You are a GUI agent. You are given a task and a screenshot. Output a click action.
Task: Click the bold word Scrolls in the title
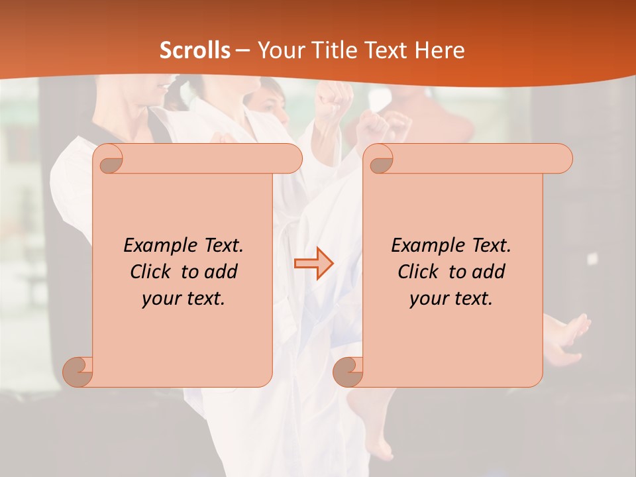coord(195,50)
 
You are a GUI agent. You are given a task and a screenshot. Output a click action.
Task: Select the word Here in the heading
coord(439,50)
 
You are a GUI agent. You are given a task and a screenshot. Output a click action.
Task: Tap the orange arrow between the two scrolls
coord(313,264)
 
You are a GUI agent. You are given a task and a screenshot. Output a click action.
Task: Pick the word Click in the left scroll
coord(145,272)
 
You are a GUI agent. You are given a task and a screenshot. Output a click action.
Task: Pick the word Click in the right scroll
coord(413,272)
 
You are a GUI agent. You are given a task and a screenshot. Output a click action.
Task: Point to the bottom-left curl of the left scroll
coord(78,371)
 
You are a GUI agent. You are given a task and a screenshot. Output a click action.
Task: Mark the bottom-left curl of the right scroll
coord(348,371)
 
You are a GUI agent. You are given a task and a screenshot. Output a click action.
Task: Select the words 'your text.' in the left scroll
coord(184,299)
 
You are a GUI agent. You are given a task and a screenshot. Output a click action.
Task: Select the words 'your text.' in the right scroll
coord(451,299)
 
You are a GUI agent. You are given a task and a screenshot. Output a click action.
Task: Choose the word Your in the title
coord(278,50)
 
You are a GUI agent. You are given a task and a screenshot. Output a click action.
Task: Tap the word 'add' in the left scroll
coord(221,272)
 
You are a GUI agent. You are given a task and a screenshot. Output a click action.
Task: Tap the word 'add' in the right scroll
coord(488,272)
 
